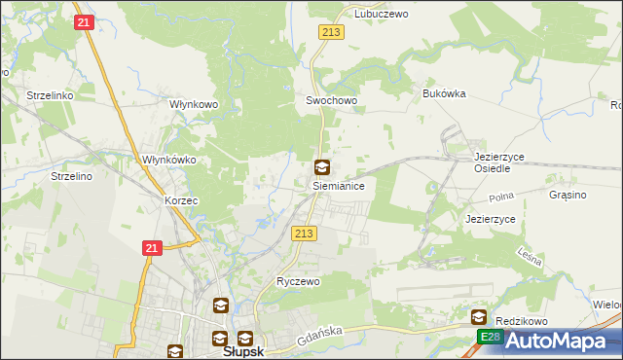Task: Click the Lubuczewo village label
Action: click(x=381, y=14)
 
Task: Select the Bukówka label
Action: click(x=445, y=93)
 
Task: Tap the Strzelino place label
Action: click(x=71, y=176)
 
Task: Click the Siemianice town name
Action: click(x=338, y=184)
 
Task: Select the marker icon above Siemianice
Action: click(x=321, y=166)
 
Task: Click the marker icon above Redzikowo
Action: click(x=479, y=317)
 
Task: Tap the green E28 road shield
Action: click(x=489, y=337)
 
